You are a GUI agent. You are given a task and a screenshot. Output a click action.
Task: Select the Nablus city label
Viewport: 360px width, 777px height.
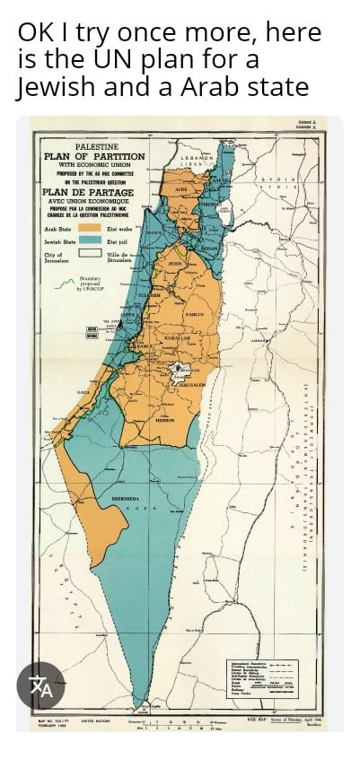click(194, 315)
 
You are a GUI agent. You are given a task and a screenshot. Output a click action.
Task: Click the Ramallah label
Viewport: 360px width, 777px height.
click(177, 337)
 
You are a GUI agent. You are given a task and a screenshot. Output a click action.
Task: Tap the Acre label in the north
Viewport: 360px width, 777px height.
click(182, 189)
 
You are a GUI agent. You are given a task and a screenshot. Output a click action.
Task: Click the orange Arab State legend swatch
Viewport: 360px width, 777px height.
click(92, 230)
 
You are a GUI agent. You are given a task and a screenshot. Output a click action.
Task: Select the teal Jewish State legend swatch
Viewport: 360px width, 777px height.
click(92, 241)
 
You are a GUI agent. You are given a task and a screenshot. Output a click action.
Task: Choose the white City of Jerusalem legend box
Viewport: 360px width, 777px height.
click(92, 256)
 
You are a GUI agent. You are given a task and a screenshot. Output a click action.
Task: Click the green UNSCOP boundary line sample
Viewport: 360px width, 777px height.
click(65, 285)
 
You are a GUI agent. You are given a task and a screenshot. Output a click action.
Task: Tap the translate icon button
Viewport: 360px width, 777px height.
click(41, 687)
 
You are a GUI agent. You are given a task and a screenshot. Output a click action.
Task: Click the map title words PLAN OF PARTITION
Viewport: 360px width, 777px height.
click(94, 157)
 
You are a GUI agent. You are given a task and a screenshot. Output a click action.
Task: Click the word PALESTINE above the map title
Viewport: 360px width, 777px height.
click(95, 146)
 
